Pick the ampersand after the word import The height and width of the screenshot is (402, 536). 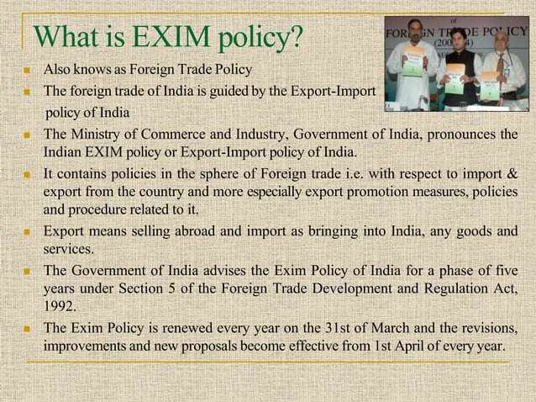[511, 174]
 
